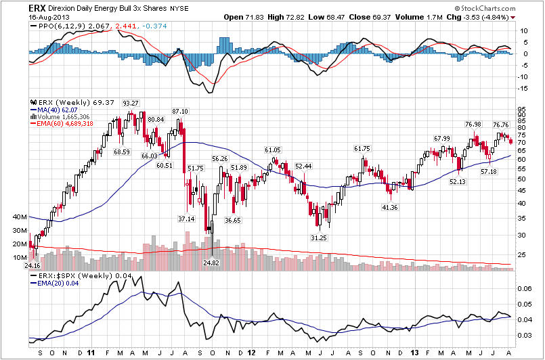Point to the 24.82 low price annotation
pos(211,263)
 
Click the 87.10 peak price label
pos(180,111)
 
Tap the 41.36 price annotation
pos(389,207)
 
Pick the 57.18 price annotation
pos(489,172)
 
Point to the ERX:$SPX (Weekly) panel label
pos(67,277)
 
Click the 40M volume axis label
pos(20,218)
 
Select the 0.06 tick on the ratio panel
pos(525,288)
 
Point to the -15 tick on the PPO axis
pos(523,88)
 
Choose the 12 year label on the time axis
pos(252,353)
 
